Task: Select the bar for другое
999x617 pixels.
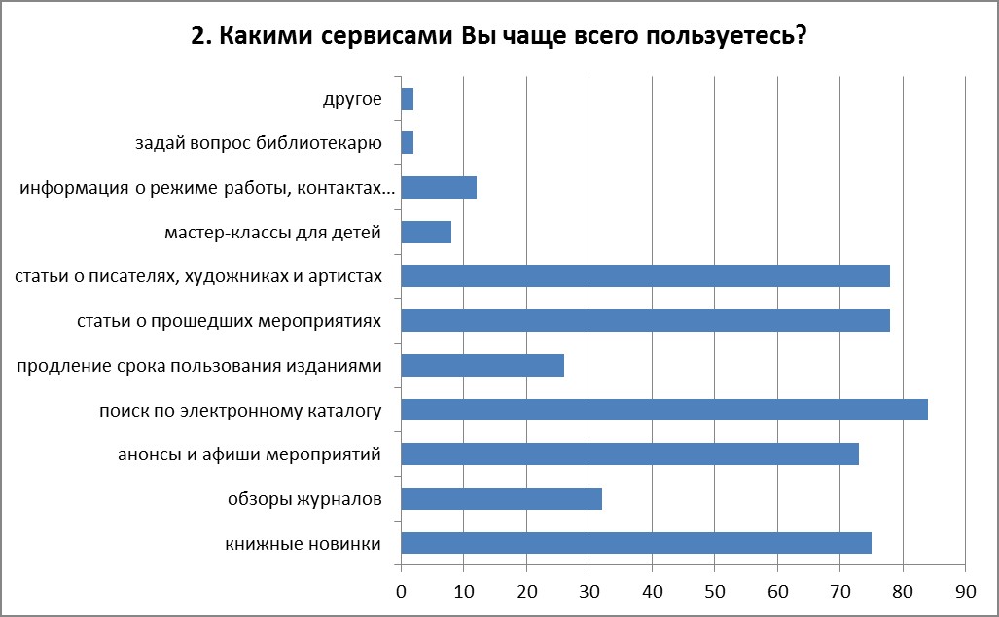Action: coord(407,98)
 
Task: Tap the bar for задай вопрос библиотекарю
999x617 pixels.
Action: coord(407,143)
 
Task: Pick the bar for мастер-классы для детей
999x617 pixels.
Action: coord(426,232)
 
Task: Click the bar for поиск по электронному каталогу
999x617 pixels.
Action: coord(664,410)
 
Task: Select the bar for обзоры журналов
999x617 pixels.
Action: coord(501,498)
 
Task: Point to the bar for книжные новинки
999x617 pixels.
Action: coord(636,543)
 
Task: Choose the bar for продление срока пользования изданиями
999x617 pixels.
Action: coord(482,365)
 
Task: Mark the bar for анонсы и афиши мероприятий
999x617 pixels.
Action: coord(629,454)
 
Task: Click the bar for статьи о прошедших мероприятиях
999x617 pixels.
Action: coord(645,320)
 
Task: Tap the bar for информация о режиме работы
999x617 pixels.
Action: coord(439,187)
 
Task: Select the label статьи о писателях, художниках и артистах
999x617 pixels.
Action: coord(198,276)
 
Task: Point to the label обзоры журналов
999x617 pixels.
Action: coord(303,499)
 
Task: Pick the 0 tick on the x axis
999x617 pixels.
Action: coord(401,589)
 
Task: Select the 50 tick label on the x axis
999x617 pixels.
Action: coord(715,589)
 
